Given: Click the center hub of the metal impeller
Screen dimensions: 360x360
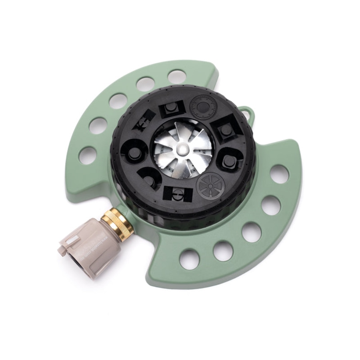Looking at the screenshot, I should (182, 149).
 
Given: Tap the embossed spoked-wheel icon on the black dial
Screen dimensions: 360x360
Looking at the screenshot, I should (210, 186).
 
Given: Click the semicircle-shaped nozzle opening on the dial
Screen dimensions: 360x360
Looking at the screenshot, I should (149, 179).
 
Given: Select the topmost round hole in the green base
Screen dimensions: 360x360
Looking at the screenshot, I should (176, 76).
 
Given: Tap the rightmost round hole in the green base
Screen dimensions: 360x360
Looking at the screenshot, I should (279, 174).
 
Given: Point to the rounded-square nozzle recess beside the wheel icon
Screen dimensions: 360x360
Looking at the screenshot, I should (230, 160).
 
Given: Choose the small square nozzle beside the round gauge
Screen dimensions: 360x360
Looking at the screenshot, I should (172, 108).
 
